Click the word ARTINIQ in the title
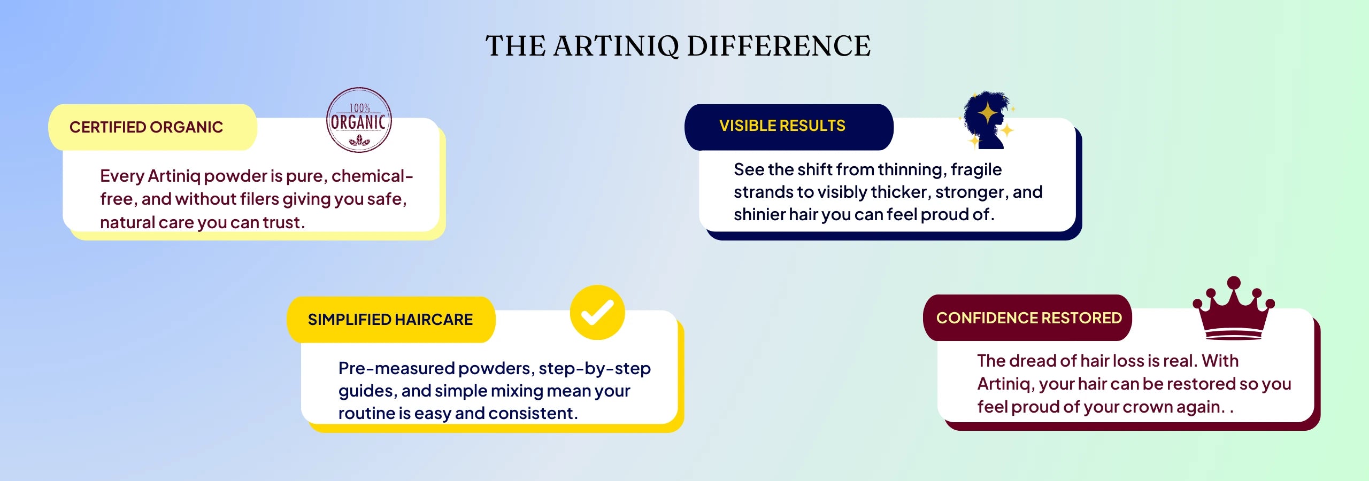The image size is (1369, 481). [x=616, y=46]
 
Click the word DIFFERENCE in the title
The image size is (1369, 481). [x=779, y=46]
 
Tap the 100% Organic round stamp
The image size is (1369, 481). [x=359, y=120]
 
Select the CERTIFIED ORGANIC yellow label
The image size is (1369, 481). [x=152, y=127]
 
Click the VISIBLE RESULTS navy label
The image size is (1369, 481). [x=789, y=127]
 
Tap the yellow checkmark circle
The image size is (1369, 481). [x=597, y=312]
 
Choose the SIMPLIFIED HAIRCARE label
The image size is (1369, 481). [x=391, y=320]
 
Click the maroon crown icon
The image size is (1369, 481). [x=1234, y=308]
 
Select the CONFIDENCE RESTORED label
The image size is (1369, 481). [x=1027, y=318]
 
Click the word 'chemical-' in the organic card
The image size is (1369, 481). [x=372, y=176]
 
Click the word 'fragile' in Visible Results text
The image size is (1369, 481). [x=976, y=170]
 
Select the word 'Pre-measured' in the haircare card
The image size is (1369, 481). [x=396, y=368]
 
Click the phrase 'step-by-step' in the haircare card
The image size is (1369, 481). [x=595, y=369]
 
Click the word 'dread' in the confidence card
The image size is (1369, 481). [x=1033, y=361]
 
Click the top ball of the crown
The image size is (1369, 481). [x=1234, y=283]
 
